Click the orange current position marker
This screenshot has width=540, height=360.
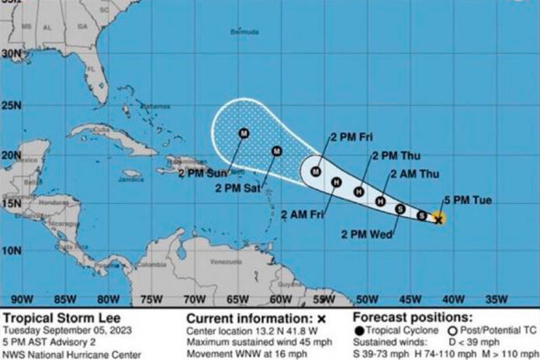(438, 219)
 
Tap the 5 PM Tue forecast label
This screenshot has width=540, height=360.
(471, 199)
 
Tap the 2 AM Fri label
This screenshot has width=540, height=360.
(305, 213)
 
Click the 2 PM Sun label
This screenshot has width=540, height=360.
(202, 172)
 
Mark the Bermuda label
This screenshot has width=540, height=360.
(244, 32)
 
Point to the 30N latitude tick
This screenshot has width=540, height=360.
(10, 54)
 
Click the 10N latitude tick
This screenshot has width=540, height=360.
(10, 250)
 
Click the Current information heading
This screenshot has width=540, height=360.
(249, 318)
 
